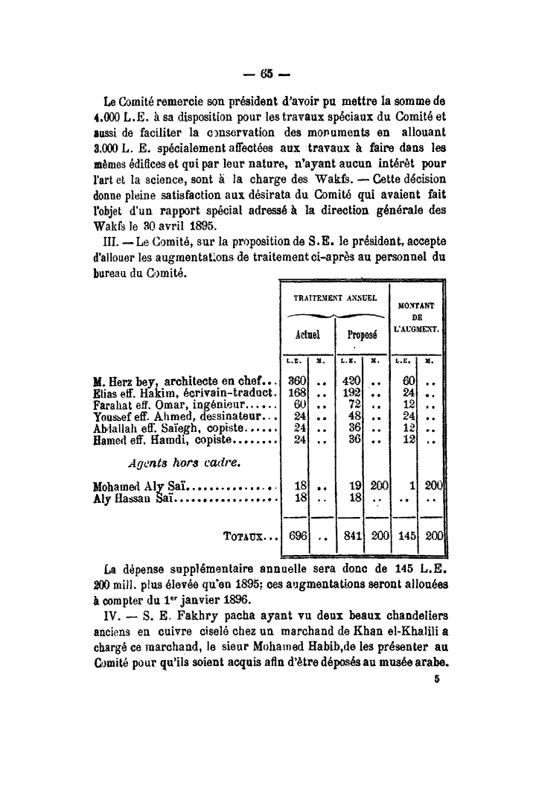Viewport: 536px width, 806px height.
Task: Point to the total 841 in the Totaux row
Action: [x=351, y=536]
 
